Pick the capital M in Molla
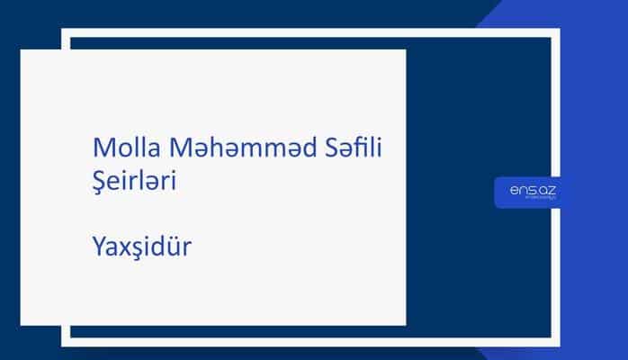click(102, 148)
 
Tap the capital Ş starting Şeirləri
click(100, 180)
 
